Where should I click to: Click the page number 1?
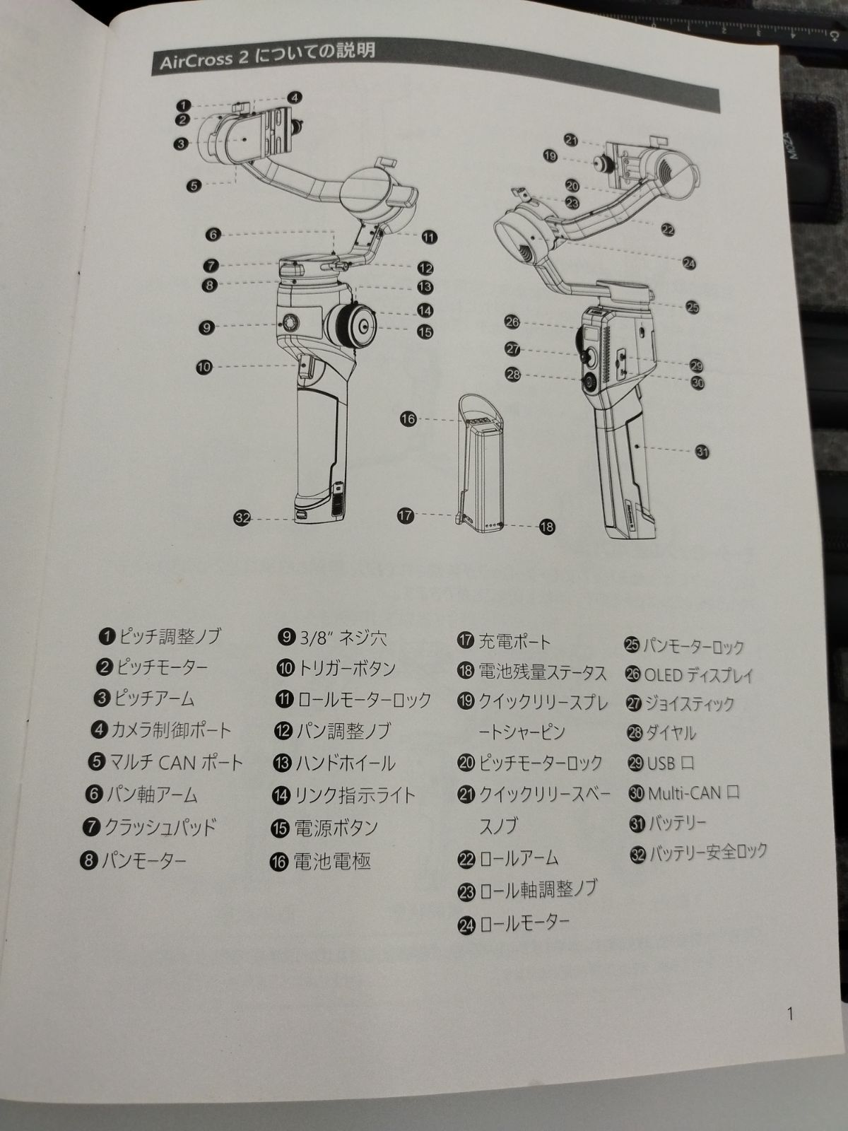pyautogui.click(x=790, y=1014)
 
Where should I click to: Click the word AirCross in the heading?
pyautogui.click(x=196, y=60)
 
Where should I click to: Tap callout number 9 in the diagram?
pyautogui.click(x=206, y=328)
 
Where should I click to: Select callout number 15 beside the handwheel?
pyautogui.click(x=425, y=332)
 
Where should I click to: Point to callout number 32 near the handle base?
pyautogui.click(x=242, y=517)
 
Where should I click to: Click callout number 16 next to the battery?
pyautogui.click(x=408, y=419)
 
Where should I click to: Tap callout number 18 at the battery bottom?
pyautogui.click(x=547, y=527)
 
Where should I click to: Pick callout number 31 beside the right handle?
pyautogui.click(x=702, y=452)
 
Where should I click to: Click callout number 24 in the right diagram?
pyautogui.click(x=689, y=263)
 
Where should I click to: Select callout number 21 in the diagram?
pyautogui.click(x=571, y=140)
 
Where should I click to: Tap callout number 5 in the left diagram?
pyautogui.click(x=194, y=185)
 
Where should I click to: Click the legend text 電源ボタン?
pyautogui.click(x=336, y=828)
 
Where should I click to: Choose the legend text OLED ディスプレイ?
pyautogui.click(x=699, y=674)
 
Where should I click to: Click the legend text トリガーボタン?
pyautogui.click(x=347, y=669)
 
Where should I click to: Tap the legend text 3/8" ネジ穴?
pyautogui.click(x=343, y=638)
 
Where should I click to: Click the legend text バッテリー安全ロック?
pyautogui.click(x=708, y=852)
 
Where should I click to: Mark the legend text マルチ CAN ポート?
pyautogui.click(x=176, y=762)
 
